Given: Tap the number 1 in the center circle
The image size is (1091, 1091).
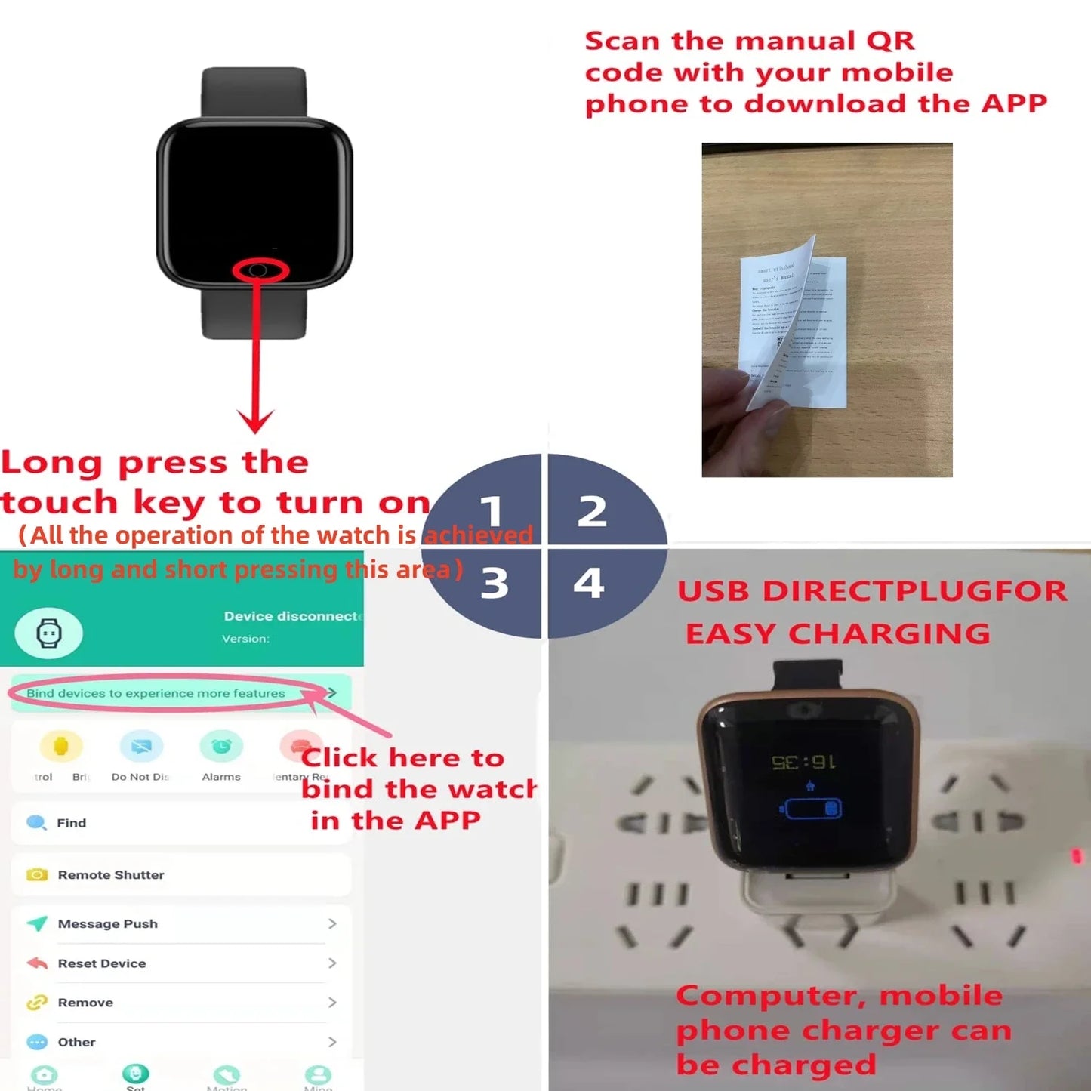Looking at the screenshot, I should pyautogui.click(x=492, y=511).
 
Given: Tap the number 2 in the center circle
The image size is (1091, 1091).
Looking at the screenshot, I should pyautogui.click(x=592, y=511).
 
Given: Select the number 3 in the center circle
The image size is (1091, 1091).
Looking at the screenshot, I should pyautogui.click(x=495, y=583).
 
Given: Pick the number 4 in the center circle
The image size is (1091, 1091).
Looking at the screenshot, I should pyautogui.click(x=589, y=582).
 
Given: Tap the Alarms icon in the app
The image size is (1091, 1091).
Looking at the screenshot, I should pyautogui.click(x=221, y=747).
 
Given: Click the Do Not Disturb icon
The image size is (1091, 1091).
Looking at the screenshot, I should pyautogui.click(x=141, y=747).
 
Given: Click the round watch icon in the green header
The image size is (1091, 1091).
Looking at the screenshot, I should pyautogui.click(x=49, y=633).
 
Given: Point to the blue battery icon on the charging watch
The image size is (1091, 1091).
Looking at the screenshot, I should pyautogui.click(x=812, y=809).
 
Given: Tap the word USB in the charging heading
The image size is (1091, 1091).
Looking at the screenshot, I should pyautogui.click(x=713, y=591).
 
